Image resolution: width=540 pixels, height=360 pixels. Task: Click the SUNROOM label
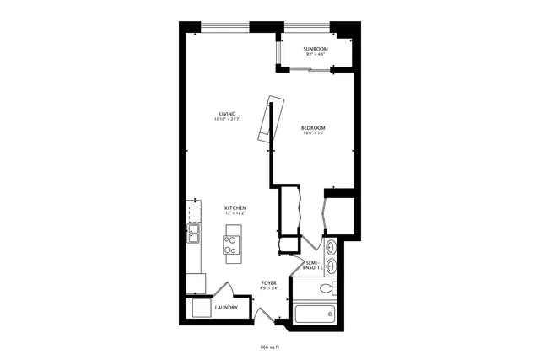pyautogui.click(x=316, y=49)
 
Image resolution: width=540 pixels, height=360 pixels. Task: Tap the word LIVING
pyautogui.click(x=227, y=113)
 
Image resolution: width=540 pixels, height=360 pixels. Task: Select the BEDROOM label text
pyautogui.click(x=313, y=127)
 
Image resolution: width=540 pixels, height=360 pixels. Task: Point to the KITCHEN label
pyautogui.click(x=235, y=207)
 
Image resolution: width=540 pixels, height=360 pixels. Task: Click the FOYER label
pyautogui.click(x=269, y=282)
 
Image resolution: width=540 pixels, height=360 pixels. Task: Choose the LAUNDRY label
pyautogui.click(x=226, y=308)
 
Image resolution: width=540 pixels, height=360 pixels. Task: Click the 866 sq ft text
pyautogui.click(x=269, y=347)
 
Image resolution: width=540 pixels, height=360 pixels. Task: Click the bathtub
pyautogui.click(x=315, y=315)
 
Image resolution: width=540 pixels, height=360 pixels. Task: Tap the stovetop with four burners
pyautogui.click(x=231, y=244)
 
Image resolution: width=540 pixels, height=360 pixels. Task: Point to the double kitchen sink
pyautogui.click(x=193, y=233)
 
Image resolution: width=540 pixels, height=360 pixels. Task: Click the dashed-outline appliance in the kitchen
pyautogui.click(x=195, y=211)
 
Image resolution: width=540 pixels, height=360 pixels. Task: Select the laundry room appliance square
pyautogui.click(x=201, y=308)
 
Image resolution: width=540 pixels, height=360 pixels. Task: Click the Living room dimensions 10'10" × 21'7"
pyautogui.click(x=227, y=119)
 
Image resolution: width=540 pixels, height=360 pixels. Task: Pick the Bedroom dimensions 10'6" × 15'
pyautogui.click(x=313, y=133)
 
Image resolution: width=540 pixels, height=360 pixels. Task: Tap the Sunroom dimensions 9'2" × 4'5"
pyautogui.click(x=316, y=55)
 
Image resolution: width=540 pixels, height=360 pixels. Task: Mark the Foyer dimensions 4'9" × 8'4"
pyautogui.click(x=269, y=288)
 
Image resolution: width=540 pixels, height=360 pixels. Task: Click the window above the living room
pyautogui.click(x=224, y=24)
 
